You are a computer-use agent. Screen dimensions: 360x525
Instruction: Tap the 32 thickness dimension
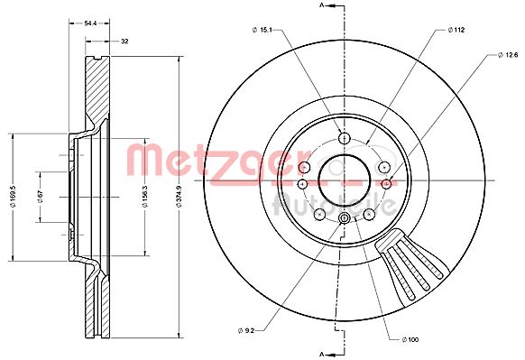pyautogui.click(x=124, y=42)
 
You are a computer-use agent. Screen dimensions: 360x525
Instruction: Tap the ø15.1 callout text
pyautogui.click(x=262, y=31)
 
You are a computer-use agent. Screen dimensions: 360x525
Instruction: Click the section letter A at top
pyautogui.click(x=322, y=7)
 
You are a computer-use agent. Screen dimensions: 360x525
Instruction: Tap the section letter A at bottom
pyautogui.click(x=322, y=350)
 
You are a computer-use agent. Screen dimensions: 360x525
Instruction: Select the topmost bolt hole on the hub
pyautogui.click(x=344, y=137)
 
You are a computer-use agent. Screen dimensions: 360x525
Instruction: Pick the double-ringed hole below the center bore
pyautogui.click(x=344, y=219)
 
